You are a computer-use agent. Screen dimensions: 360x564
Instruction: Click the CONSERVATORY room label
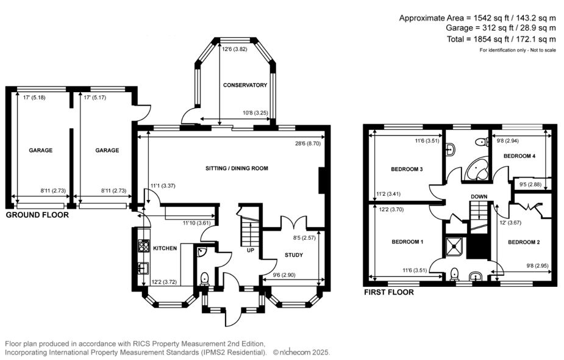[245, 85]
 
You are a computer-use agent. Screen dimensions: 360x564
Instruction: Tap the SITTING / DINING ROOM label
[237, 168]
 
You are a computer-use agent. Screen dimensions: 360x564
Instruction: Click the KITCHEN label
[165, 248]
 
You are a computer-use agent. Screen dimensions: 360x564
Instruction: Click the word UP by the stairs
[249, 251]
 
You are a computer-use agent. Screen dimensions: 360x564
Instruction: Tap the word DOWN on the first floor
[479, 196]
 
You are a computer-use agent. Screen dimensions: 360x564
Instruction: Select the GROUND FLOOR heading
[37, 215]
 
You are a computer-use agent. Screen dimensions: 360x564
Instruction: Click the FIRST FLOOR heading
[388, 292]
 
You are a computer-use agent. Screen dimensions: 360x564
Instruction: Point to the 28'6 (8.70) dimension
[309, 143]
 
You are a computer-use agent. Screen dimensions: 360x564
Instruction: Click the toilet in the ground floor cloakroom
[204, 278]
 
